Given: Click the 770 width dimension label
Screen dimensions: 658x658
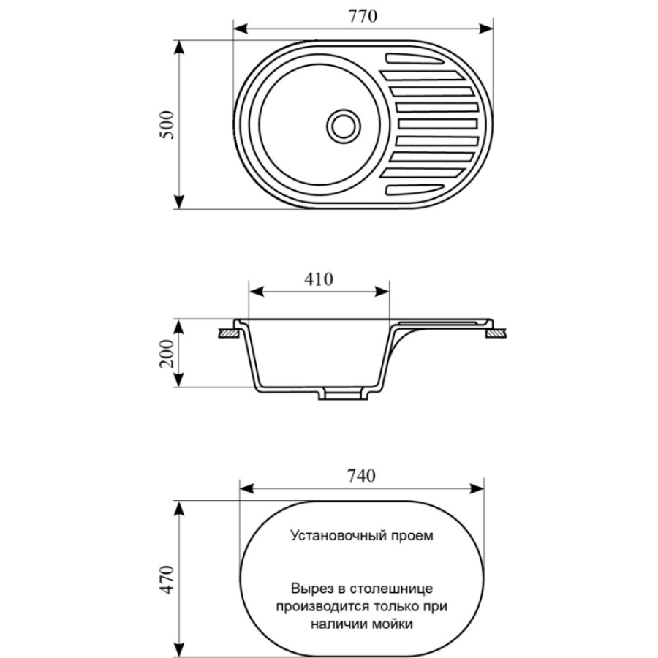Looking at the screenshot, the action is point(363,16).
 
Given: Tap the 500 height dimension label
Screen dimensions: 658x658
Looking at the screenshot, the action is point(167,125).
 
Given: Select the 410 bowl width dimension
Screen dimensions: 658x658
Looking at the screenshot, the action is point(319,279).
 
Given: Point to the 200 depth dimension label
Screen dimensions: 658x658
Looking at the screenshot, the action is point(167,353).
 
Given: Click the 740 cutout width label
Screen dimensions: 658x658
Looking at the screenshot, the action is point(361,476).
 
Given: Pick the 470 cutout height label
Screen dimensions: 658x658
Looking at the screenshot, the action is point(167,580).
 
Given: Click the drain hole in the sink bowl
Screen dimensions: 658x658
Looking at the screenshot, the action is point(344,126).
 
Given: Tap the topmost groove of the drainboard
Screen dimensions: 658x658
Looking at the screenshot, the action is point(415,58).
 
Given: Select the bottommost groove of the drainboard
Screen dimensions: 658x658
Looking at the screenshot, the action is point(415,189).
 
